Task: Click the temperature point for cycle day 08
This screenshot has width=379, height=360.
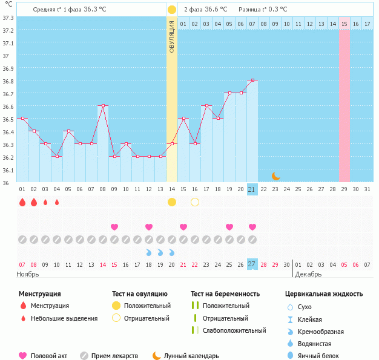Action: [103, 106]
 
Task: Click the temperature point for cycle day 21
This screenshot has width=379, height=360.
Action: [252, 80]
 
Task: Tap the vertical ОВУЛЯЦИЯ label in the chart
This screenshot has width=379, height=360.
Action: [172, 36]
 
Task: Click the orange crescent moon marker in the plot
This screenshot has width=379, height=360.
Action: [276, 176]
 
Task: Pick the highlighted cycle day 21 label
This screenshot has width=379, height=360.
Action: [252, 189]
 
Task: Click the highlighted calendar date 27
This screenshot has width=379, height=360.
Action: [252, 264]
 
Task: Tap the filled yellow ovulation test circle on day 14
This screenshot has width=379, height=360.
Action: [172, 201]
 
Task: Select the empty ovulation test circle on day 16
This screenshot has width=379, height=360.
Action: [195, 201]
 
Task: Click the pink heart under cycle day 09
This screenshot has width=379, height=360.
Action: [114, 227]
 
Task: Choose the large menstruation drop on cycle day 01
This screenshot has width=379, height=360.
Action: [22, 202]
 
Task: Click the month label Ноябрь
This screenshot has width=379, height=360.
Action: [28, 275]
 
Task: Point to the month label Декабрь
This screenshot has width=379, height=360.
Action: [309, 275]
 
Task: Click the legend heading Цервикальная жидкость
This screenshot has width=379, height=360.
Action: [324, 294]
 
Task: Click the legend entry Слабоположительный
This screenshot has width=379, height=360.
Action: [234, 330]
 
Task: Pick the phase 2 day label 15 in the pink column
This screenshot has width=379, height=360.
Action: [344, 24]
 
